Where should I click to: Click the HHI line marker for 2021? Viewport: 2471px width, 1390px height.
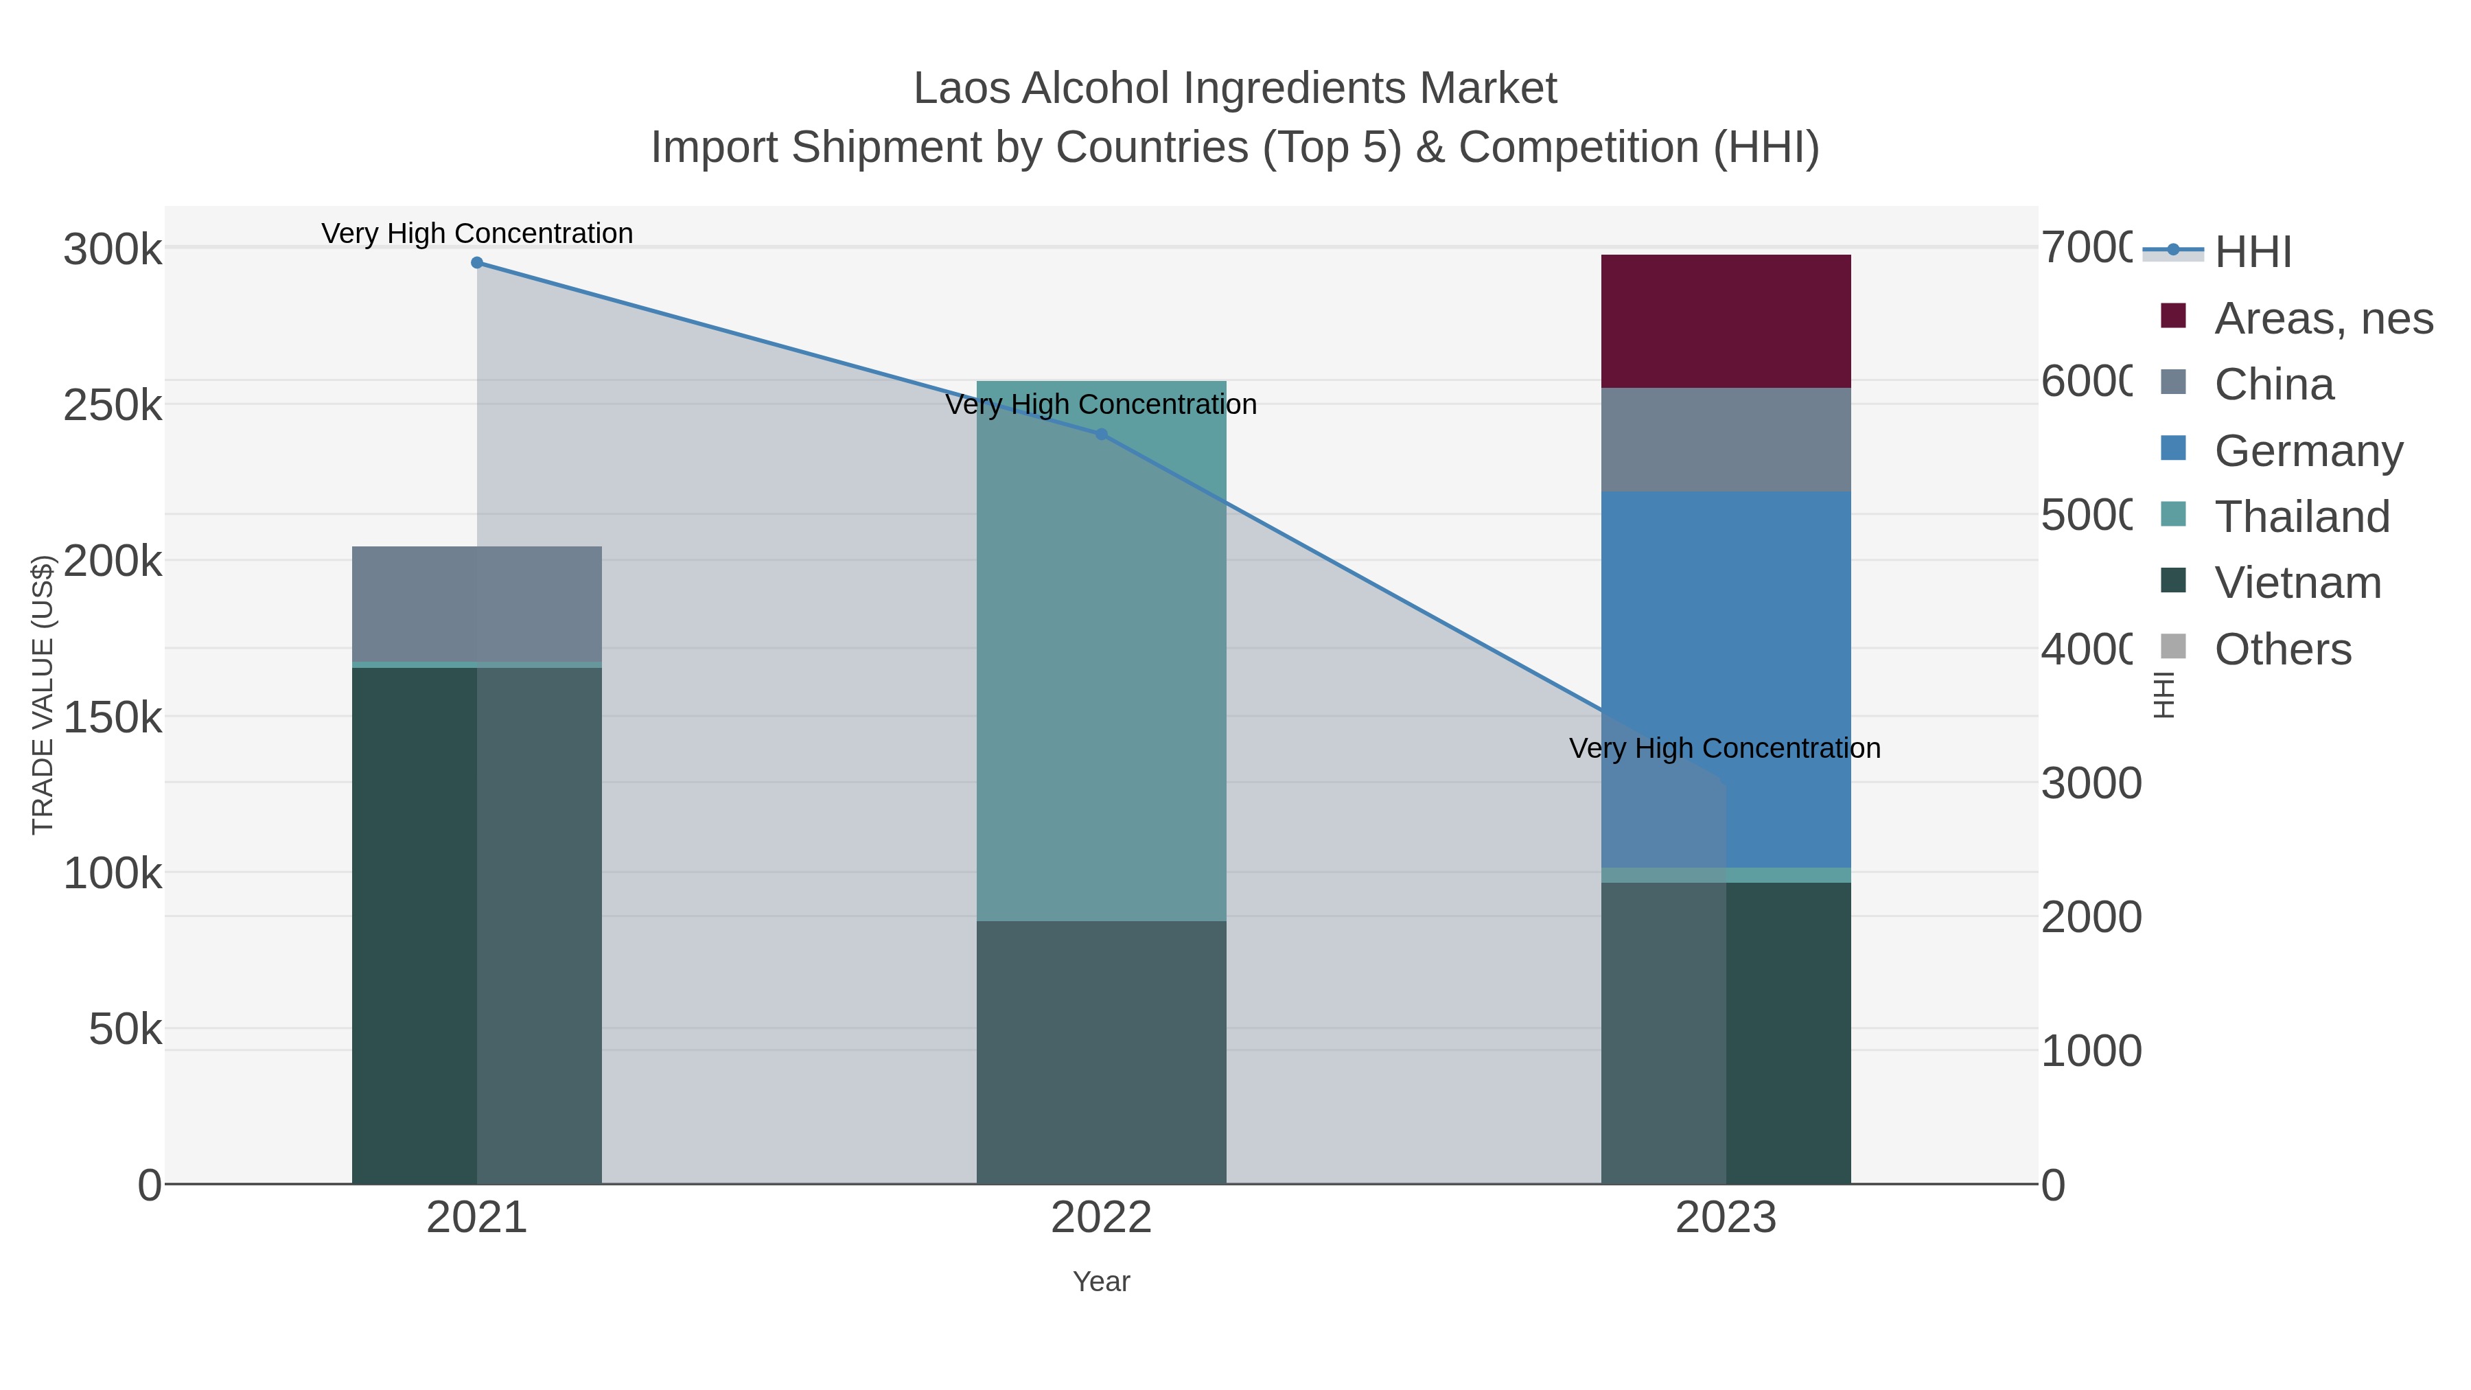point(477,263)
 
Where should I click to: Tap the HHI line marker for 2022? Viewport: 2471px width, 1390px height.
point(1101,435)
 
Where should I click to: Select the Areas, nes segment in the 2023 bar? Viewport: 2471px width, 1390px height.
point(1726,321)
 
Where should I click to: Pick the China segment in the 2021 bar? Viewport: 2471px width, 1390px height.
point(477,603)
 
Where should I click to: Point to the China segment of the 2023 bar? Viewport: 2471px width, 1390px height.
point(1726,439)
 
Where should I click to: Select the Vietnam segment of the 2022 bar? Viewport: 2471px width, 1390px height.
point(1101,1052)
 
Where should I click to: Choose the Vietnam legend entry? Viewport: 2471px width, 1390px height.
point(2297,583)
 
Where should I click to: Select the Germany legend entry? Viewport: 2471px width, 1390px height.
point(2308,451)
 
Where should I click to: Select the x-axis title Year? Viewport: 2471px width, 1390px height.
point(1101,1282)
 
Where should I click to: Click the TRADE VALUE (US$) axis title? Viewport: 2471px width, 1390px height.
point(43,695)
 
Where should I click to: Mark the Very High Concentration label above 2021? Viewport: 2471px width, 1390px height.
point(477,234)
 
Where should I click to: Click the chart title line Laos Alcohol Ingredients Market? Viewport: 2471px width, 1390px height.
point(1235,89)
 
